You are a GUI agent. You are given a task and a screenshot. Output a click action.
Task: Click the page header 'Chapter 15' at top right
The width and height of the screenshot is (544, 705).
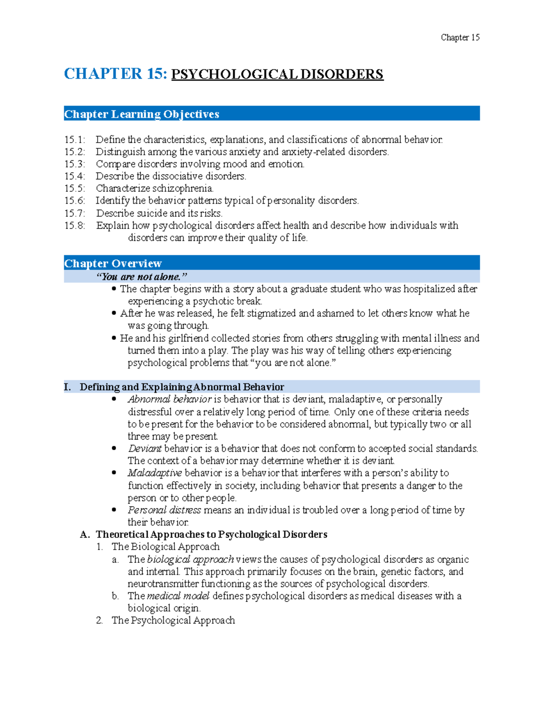460,38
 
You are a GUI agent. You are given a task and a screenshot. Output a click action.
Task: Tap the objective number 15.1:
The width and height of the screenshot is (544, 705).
74,140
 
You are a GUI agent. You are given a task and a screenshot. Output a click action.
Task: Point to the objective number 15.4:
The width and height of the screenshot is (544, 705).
74,176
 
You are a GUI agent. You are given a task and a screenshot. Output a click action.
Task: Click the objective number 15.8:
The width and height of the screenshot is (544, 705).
74,226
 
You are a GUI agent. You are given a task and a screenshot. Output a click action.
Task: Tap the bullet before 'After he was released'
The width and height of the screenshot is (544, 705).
114,313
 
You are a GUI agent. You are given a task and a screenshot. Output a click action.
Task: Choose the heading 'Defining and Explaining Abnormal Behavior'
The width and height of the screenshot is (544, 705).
182,387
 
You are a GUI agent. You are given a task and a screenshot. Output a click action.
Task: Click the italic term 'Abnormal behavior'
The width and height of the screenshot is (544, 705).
170,399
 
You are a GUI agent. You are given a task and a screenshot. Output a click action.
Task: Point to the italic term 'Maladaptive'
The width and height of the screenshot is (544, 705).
155,473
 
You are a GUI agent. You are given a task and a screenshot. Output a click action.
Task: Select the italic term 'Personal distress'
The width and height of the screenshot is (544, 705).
164,510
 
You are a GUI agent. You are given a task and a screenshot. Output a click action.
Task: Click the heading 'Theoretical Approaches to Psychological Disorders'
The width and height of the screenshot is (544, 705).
211,535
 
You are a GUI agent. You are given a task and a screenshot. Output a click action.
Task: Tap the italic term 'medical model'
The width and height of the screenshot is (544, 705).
178,596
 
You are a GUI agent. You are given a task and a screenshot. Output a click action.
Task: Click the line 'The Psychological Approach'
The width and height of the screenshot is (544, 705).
173,621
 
